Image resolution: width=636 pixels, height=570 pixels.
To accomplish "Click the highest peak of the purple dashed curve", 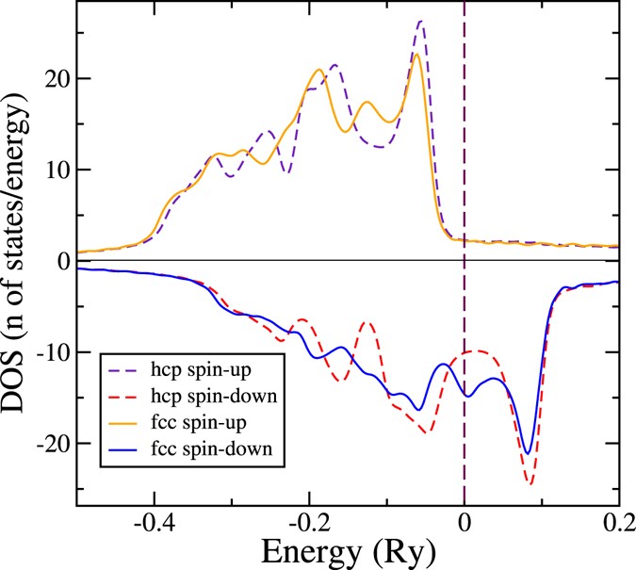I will click(420, 21).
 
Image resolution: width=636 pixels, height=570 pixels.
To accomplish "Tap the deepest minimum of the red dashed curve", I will click(530, 484).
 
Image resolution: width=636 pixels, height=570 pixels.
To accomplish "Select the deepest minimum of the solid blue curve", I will click(529, 453).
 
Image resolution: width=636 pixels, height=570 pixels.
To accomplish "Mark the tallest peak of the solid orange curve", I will click(416, 54).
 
